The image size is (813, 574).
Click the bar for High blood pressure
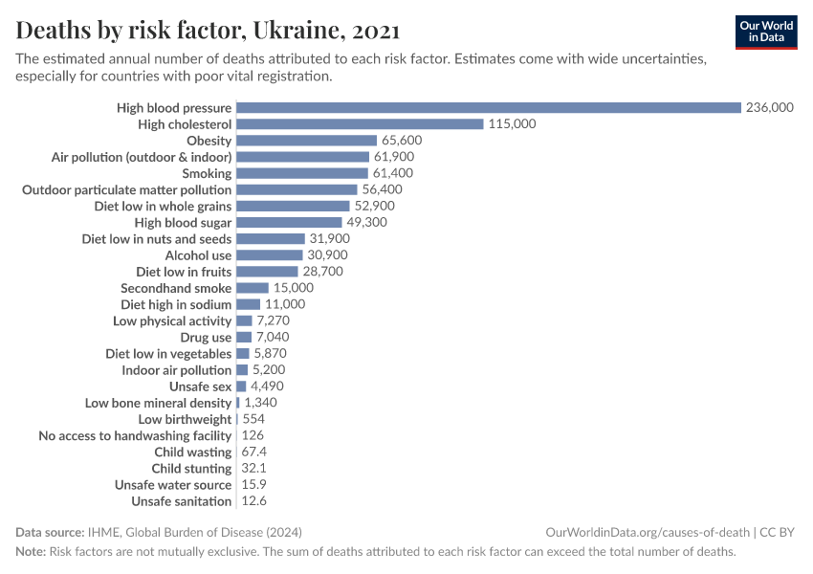(x=488, y=108)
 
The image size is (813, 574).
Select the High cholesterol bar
(x=360, y=124)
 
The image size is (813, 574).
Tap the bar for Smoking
(x=302, y=173)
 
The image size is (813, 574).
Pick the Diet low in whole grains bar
(x=293, y=206)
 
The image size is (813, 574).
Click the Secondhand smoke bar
(x=253, y=288)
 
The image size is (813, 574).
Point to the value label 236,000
(x=770, y=108)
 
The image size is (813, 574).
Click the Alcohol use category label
(x=198, y=255)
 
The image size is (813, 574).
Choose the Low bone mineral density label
(x=158, y=403)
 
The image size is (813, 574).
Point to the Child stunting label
(x=191, y=469)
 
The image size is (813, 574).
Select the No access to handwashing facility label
(x=135, y=436)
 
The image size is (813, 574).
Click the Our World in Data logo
(x=766, y=32)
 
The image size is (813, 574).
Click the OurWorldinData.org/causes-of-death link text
(x=647, y=533)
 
